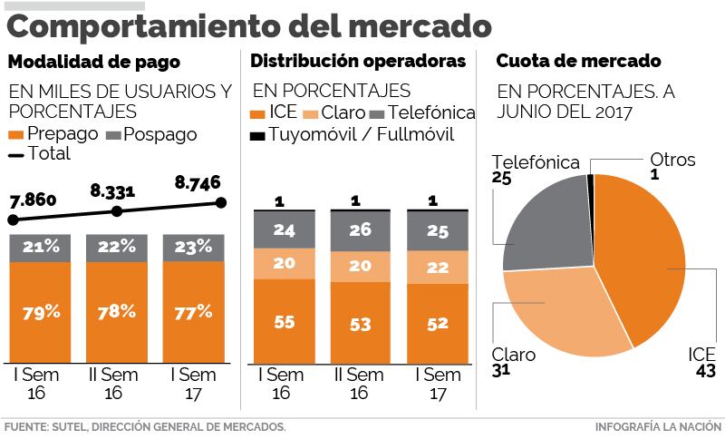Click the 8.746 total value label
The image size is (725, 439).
(197, 182)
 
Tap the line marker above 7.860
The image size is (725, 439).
(12, 219)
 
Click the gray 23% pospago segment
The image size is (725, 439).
(193, 247)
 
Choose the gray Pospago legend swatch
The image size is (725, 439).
(113, 134)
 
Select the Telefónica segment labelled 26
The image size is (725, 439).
(360, 230)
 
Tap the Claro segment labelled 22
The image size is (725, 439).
(437, 268)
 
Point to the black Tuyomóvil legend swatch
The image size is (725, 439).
(257, 136)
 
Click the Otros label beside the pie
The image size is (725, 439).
(672, 160)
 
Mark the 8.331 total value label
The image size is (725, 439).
(113, 191)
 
